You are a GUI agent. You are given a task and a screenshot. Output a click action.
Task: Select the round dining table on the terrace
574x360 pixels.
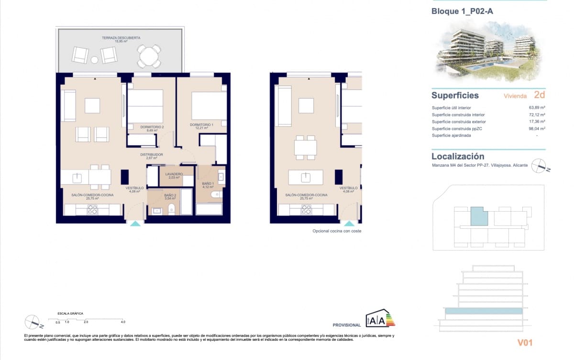[x=149, y=56]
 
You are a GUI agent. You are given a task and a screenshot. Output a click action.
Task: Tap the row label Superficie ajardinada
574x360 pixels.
[x=451, y=135]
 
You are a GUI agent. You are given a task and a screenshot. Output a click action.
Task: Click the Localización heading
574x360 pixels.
[x=457, y=156]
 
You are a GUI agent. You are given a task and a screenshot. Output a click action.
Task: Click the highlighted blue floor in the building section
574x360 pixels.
[x=483, y=311]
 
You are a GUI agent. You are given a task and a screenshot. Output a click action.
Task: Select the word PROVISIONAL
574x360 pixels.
[x=346, y=325]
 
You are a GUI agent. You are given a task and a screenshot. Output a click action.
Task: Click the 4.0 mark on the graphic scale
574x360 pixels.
[x=123, y=322]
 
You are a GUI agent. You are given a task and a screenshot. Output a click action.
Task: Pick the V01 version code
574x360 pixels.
[x=525, y=342]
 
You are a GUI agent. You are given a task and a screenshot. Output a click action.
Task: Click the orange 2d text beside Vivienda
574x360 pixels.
[x=539, y=95]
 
